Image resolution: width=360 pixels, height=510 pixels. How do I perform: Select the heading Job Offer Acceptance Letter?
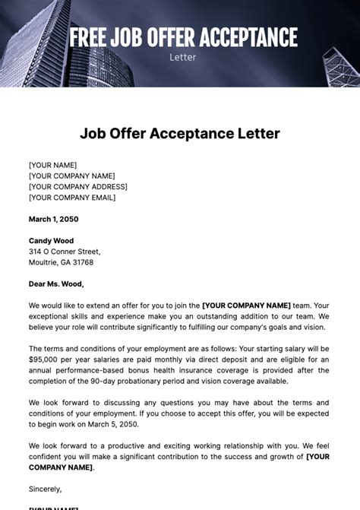pos(180,134)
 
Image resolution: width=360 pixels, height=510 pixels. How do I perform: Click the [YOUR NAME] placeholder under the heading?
pos(52,165)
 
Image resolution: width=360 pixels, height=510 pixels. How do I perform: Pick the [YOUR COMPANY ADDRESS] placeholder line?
pos(78,186)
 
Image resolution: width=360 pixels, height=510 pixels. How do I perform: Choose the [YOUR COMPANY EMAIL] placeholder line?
pos(72,198)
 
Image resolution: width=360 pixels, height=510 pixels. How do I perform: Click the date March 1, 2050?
pos(53,219)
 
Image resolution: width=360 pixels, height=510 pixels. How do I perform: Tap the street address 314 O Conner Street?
pos(65,252)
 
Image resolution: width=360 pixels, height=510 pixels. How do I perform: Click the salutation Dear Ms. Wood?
pos(56,284)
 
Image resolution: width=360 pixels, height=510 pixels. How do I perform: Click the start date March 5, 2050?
pos(118,423)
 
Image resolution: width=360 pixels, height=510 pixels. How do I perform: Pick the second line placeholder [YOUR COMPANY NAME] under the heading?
pos(71,176)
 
